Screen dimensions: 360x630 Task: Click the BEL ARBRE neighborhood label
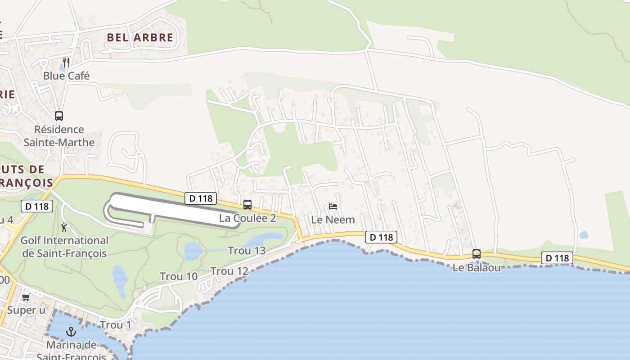click(x=140, y=37)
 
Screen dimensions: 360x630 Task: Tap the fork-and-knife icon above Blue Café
click(x=66, y=62)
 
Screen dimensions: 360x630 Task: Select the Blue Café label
click(x=66, y=76)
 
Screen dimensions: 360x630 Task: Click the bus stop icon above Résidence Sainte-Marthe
click(x=59, y=116)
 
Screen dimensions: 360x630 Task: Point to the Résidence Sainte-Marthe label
click(x=59, y=136)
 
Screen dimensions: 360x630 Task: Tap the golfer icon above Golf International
click(x=64, y=227)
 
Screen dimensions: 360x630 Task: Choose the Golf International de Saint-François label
click(x=64, y=247)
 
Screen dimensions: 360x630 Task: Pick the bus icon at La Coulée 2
click(x=247, y=205)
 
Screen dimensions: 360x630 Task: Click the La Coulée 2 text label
click(x=247, y=218)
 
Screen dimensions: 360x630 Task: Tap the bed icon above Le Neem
click(x=333, y=207)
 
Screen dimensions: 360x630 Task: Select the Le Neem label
click(x=333, y=220)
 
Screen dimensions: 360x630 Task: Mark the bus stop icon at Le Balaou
click(x=477, y=254)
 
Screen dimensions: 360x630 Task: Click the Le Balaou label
click(x=477, y=268)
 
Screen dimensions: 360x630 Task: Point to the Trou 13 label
click(x=247, y=251)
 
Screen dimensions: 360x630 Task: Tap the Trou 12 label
click(x=229, y=271)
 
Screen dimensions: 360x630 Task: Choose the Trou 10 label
click(x=179, y=276)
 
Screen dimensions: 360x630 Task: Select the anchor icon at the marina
click(x=71, y=332)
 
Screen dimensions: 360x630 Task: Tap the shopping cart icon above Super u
click(x=26, y=297)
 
